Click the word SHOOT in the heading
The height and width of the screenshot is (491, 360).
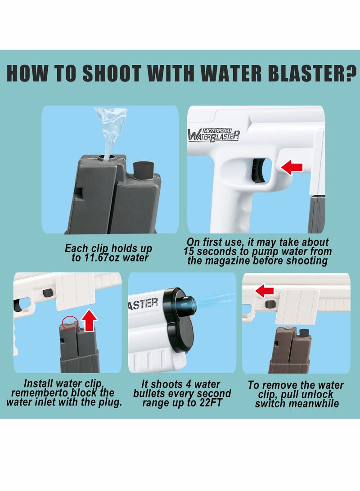point(111,74)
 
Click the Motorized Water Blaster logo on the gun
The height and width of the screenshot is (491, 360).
point(214,135)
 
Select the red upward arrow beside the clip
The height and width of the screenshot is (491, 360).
point(89,320)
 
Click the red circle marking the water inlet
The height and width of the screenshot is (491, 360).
point(69,323)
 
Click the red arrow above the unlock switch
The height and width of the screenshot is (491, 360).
point(265,291)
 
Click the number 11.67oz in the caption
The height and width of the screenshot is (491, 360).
point(101,258)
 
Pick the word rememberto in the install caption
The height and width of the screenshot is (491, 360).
point(36,393)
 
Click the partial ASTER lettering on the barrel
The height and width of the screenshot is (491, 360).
point(143,304)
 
